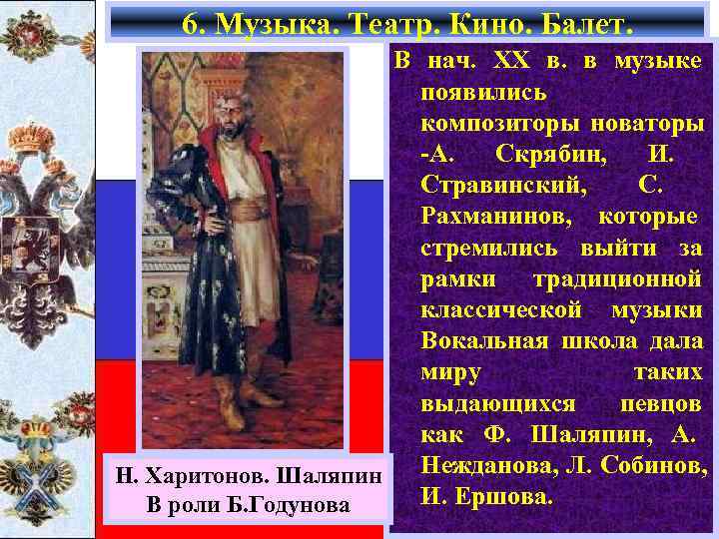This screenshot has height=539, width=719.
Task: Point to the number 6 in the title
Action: [x=193, y=21]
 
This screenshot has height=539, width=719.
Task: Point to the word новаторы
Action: [x=650, y=125]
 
